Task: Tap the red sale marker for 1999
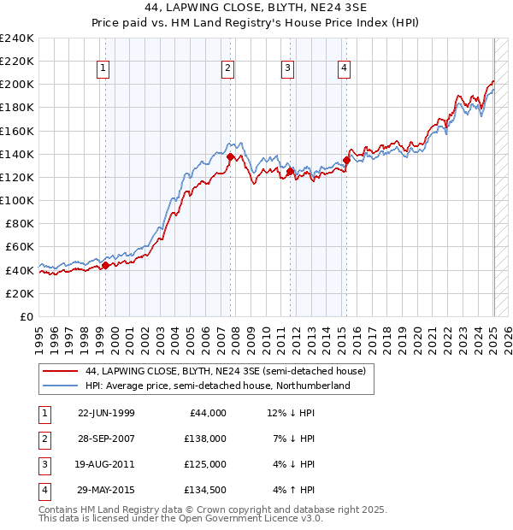[x=105, y=265]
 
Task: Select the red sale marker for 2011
[x=291, y=172]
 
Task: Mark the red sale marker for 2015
[x=347, y=159]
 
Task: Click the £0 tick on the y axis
[x=27, y=316]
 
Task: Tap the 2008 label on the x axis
[x=237, y=337]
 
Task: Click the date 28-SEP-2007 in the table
[x=106, y=438]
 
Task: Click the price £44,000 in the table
[x=207, y=412]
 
